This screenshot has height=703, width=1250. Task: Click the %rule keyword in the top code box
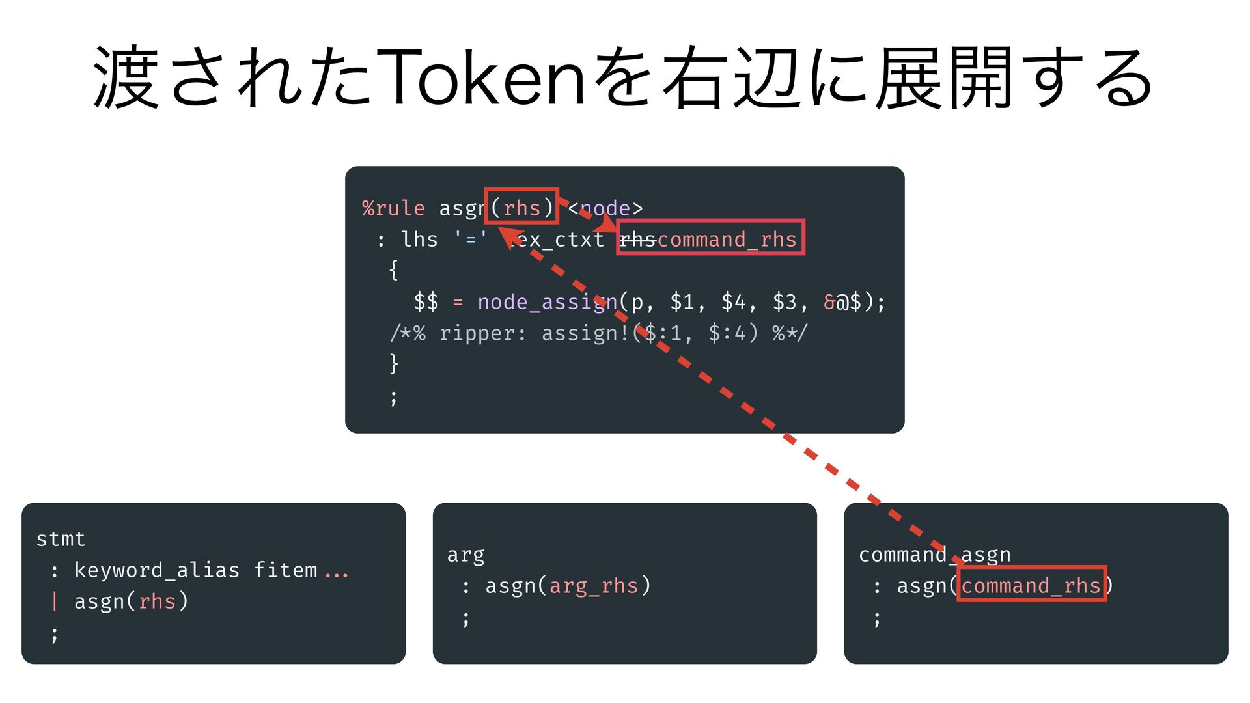click(393, 208)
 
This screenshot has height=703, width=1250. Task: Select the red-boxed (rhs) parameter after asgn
click(521, 208)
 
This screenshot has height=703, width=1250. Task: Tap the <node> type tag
click(605, 208)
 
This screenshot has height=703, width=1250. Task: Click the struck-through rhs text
click(637, 240)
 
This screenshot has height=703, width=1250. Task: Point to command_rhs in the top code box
click(727, 240)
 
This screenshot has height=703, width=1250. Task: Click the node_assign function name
click(547, 302)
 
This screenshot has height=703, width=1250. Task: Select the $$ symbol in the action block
click(426, 302)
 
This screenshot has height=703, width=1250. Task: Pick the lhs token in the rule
click(419, 240)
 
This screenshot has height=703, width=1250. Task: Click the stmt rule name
click(61, 539)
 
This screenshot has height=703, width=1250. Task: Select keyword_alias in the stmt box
click(156, 570)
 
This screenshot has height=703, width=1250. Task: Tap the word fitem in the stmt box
click(285, 570)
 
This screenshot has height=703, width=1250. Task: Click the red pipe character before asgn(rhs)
click(55, 601)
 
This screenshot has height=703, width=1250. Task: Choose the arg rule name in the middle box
click(465, 555)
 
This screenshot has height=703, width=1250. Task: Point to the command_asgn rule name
click(934, 555)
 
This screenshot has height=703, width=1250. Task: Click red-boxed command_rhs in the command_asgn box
click(1031, 586)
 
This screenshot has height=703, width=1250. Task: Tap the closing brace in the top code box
click(393, 363)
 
